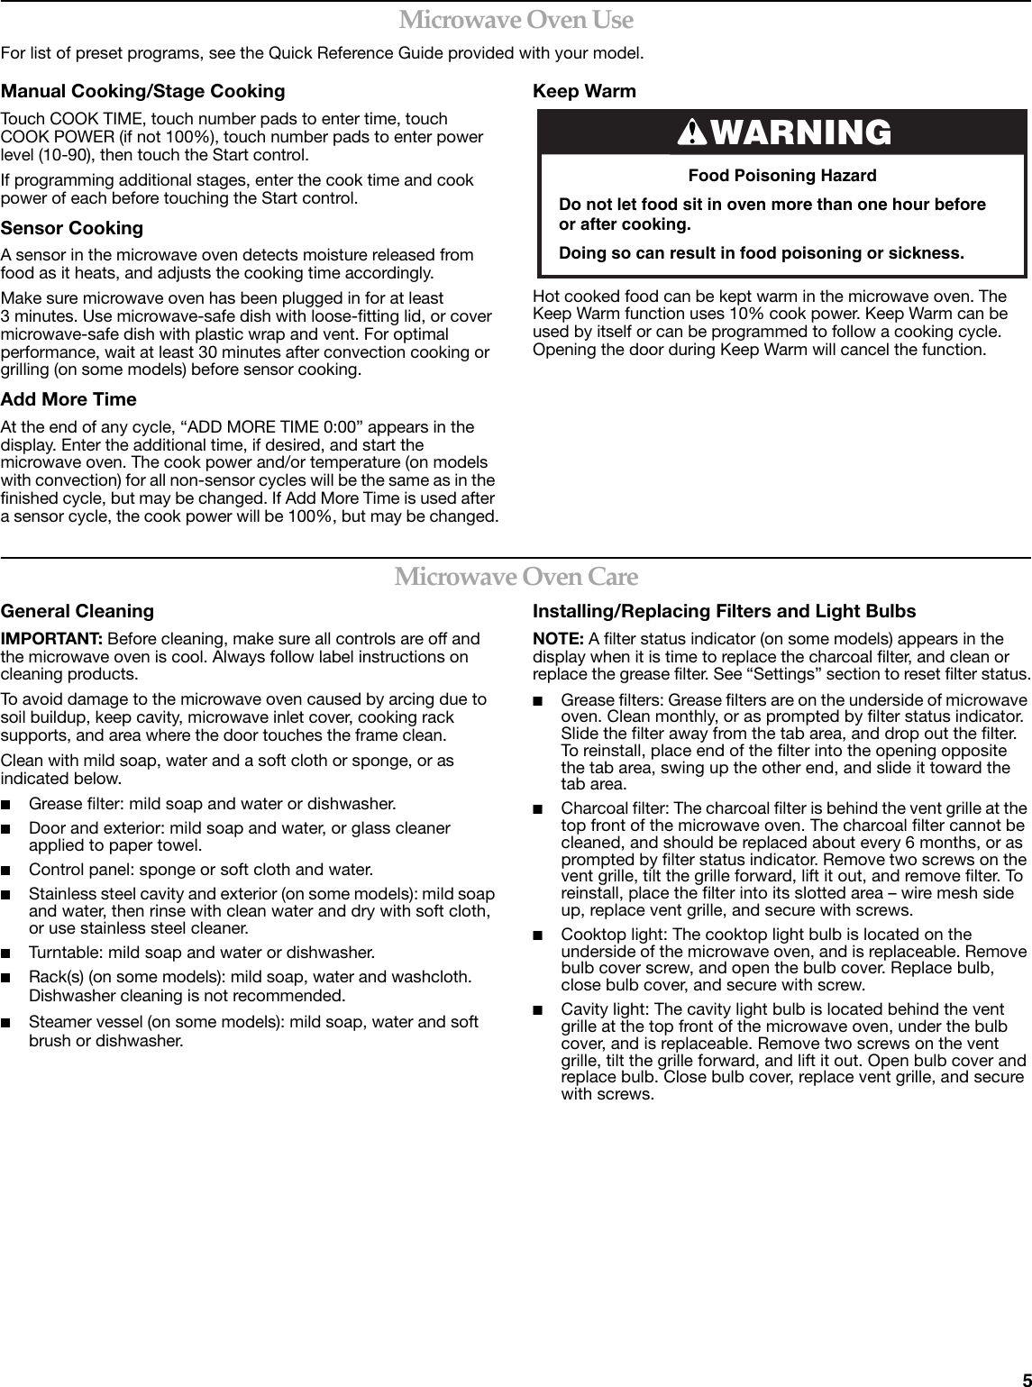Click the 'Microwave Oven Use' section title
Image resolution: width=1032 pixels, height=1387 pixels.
point(516,19)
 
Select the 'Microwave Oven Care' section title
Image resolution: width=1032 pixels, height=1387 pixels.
point(516,576)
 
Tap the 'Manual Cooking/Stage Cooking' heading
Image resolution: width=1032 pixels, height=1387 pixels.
point(142,91)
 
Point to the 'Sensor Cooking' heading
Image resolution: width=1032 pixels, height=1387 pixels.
point(72,228)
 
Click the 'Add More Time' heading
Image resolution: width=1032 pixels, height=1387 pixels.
point(68,399)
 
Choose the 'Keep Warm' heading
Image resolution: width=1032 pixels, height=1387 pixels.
point(584,91)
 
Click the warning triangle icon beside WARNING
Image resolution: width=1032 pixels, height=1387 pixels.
point(692,133)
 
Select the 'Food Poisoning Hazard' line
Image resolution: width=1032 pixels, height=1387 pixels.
point(781,175)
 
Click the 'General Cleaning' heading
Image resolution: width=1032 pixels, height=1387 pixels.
point(78,611)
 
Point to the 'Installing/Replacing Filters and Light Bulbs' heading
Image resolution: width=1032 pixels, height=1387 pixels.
point(724,611)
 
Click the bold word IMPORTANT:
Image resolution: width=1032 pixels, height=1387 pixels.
point(51,639)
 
